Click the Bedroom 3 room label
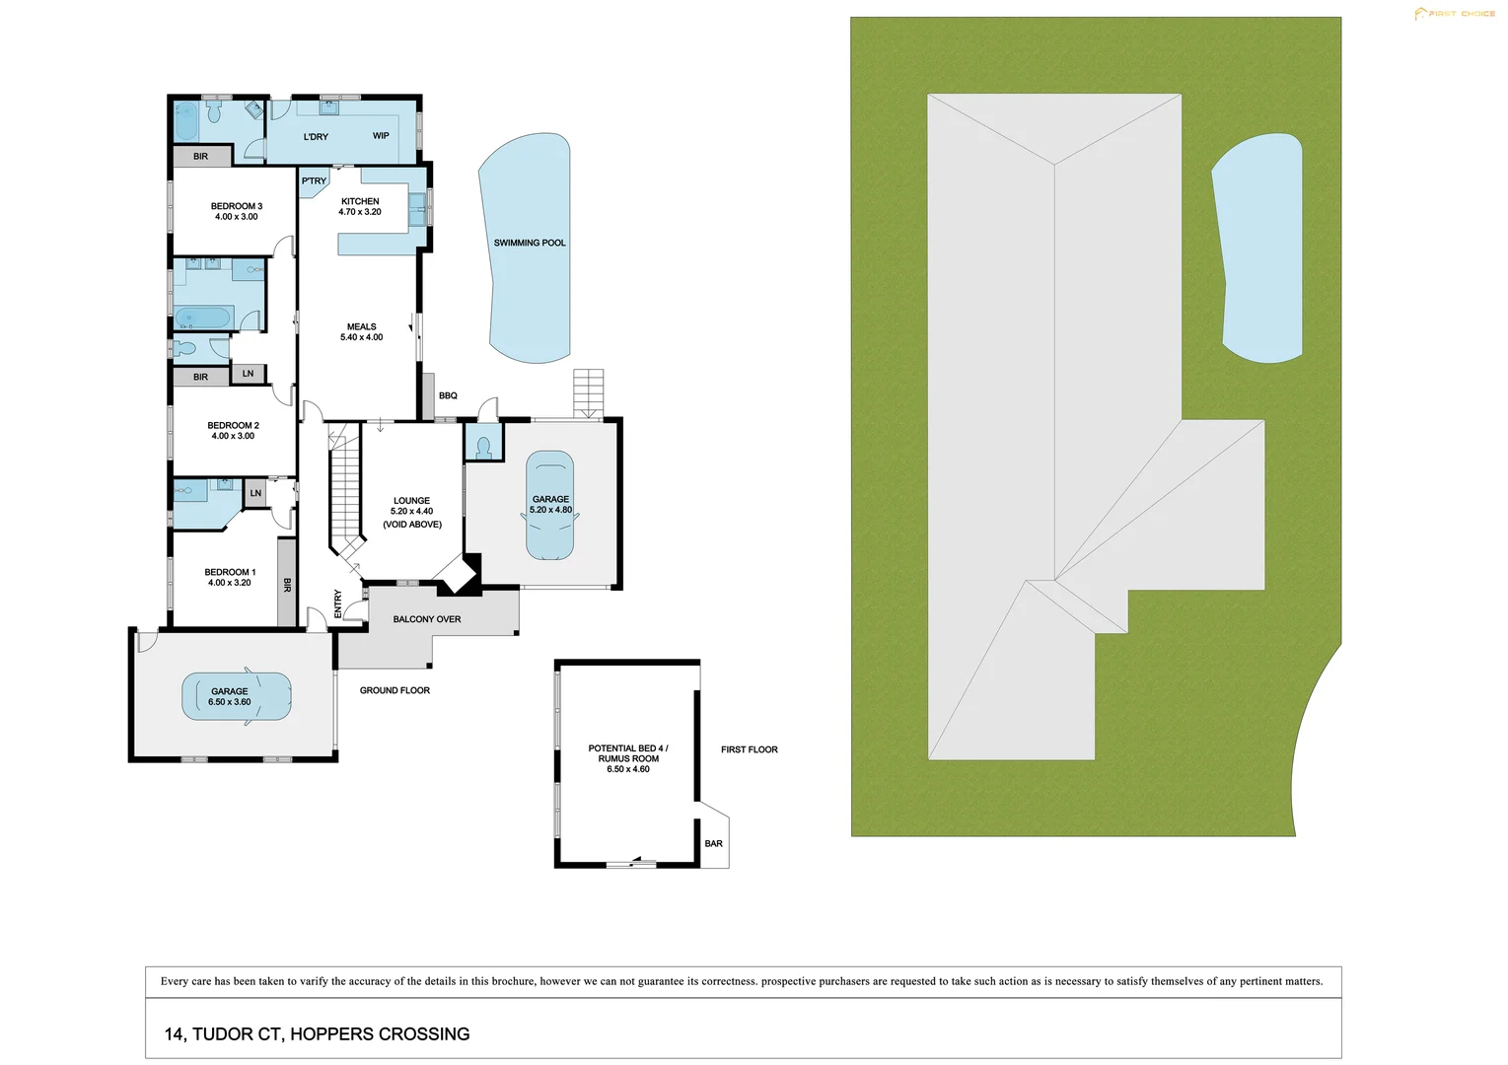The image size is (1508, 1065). [x=237, y=206]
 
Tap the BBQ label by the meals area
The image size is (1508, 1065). [x=448, y=395]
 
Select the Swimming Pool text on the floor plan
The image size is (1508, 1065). [x=530, y=243]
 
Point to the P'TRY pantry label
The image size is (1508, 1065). [x=314, y=181]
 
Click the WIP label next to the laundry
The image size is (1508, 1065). [x=381, y=136]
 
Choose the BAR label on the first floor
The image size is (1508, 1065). [x=714, y=843]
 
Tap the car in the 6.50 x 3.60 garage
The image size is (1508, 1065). [x=237, y=696]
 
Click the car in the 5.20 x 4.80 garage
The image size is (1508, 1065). [x=550, y=505]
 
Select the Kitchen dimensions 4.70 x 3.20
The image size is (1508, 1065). [x=360, y=212]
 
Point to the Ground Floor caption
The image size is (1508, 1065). [x=395, y=690]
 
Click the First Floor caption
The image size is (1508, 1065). [x=750, y=750]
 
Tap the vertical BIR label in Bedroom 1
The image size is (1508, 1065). [x=287, y=585]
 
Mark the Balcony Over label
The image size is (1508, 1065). [x=427, y=619]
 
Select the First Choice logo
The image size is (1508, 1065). [x=1454, y=14]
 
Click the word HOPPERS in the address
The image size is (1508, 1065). [x=332, y=1034]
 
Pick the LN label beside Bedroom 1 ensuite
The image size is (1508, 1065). [x=255, y=493]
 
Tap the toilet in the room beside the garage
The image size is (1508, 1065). [x=483, y=447]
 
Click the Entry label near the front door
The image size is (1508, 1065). [x=338, y=603]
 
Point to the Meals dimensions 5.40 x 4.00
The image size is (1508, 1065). [x=362, y=338]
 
